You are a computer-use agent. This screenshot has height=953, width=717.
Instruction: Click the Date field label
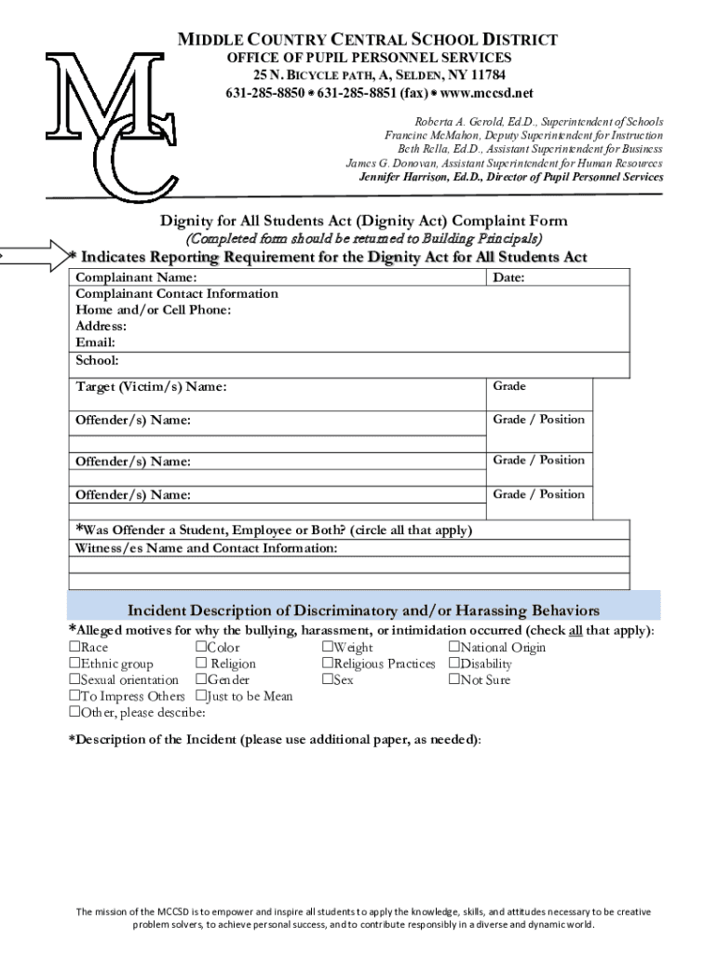pos(508,277)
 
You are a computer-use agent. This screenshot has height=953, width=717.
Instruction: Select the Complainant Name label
pos(136,277)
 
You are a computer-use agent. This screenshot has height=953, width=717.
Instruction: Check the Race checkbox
pos(74,648)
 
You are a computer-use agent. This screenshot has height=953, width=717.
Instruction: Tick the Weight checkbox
pos(328,648)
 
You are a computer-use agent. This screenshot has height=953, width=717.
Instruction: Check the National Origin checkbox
pos(454,648)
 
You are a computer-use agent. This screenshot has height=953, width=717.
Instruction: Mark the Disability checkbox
pos(454,664)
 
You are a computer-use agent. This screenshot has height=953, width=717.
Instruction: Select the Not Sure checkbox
pos(454,679)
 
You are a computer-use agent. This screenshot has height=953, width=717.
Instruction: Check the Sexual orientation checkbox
pos(74,679)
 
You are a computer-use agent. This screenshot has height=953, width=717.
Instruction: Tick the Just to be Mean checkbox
pos(201,696)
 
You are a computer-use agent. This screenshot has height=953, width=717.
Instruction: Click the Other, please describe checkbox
pos(74,712)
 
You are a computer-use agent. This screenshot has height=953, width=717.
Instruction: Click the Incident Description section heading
pos(363,611)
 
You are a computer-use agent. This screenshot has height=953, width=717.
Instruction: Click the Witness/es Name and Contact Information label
pos(207,548)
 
